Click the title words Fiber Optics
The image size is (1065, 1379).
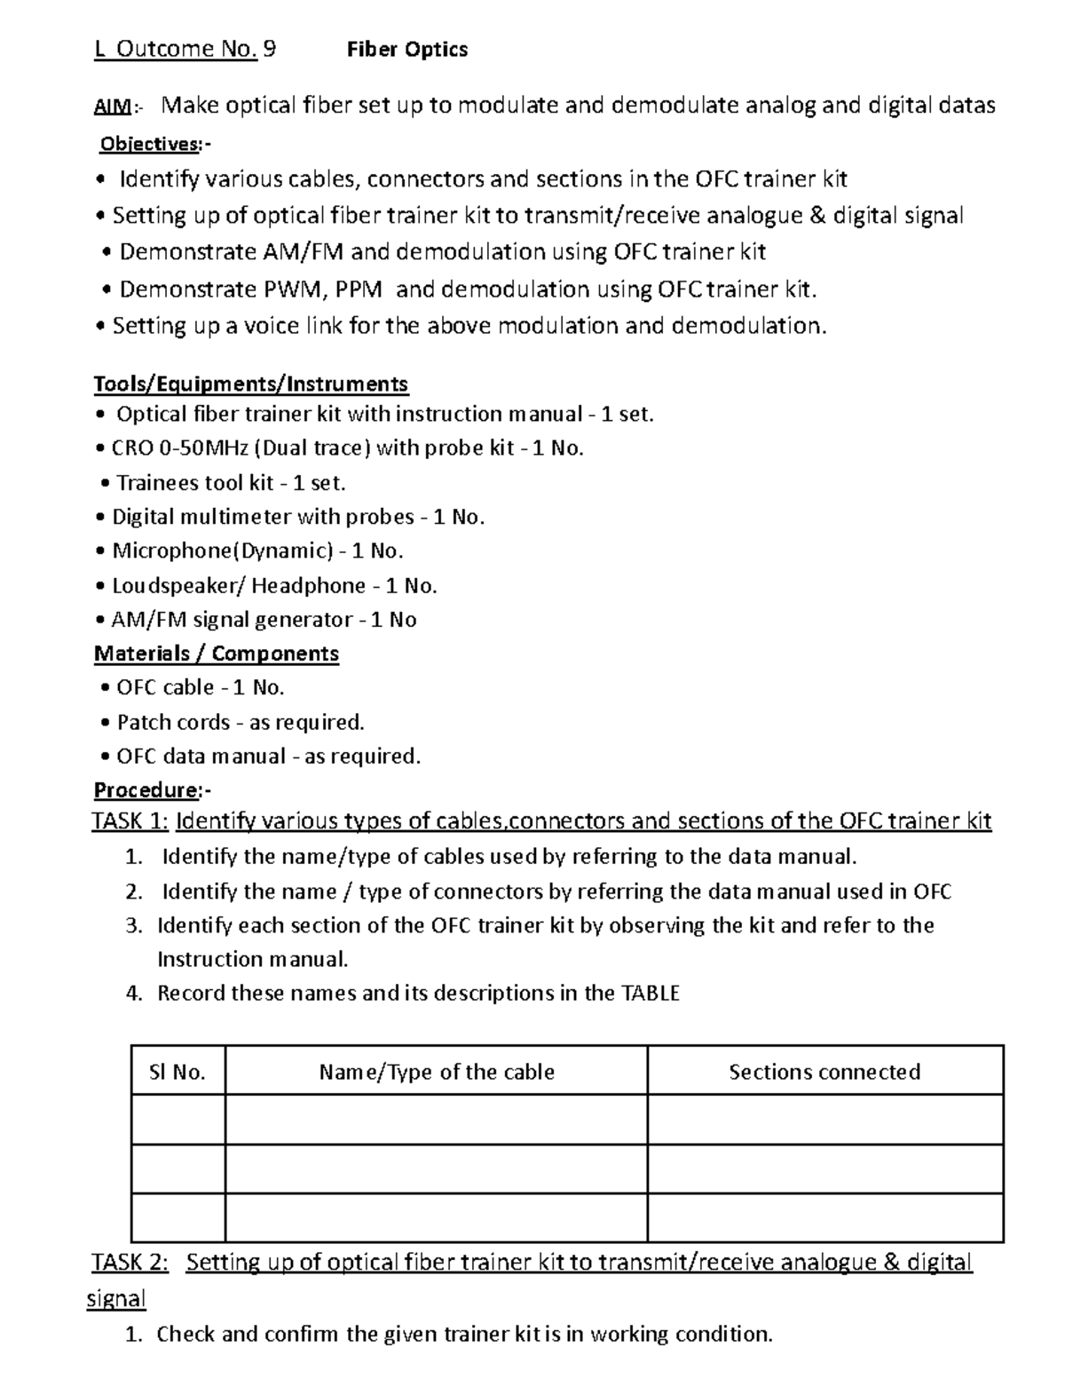tap(406, 50)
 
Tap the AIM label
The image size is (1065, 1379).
tap(113, 107)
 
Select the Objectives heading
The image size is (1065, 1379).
tap(149, 144)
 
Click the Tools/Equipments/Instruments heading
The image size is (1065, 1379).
tap(251, 384)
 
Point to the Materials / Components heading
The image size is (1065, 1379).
tap(217, 654)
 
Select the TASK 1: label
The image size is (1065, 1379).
tap(130, 820)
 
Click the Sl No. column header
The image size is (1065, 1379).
tap(177, 1072)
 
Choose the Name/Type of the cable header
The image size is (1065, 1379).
tap(437, 1072)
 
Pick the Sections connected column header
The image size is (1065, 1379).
tap(824, 1072)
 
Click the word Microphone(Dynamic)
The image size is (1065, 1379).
tap(222, 551)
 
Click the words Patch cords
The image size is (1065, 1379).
tap(173, 722)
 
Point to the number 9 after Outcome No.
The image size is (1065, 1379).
tap(270, 49)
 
